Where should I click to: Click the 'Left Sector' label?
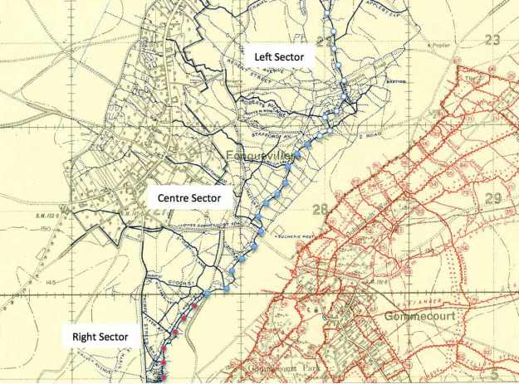point(279,57)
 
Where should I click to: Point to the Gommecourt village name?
point(422,316)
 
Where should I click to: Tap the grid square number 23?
point(492,39)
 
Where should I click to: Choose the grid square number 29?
point(493,197)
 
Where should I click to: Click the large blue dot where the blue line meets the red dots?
point(206,294)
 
